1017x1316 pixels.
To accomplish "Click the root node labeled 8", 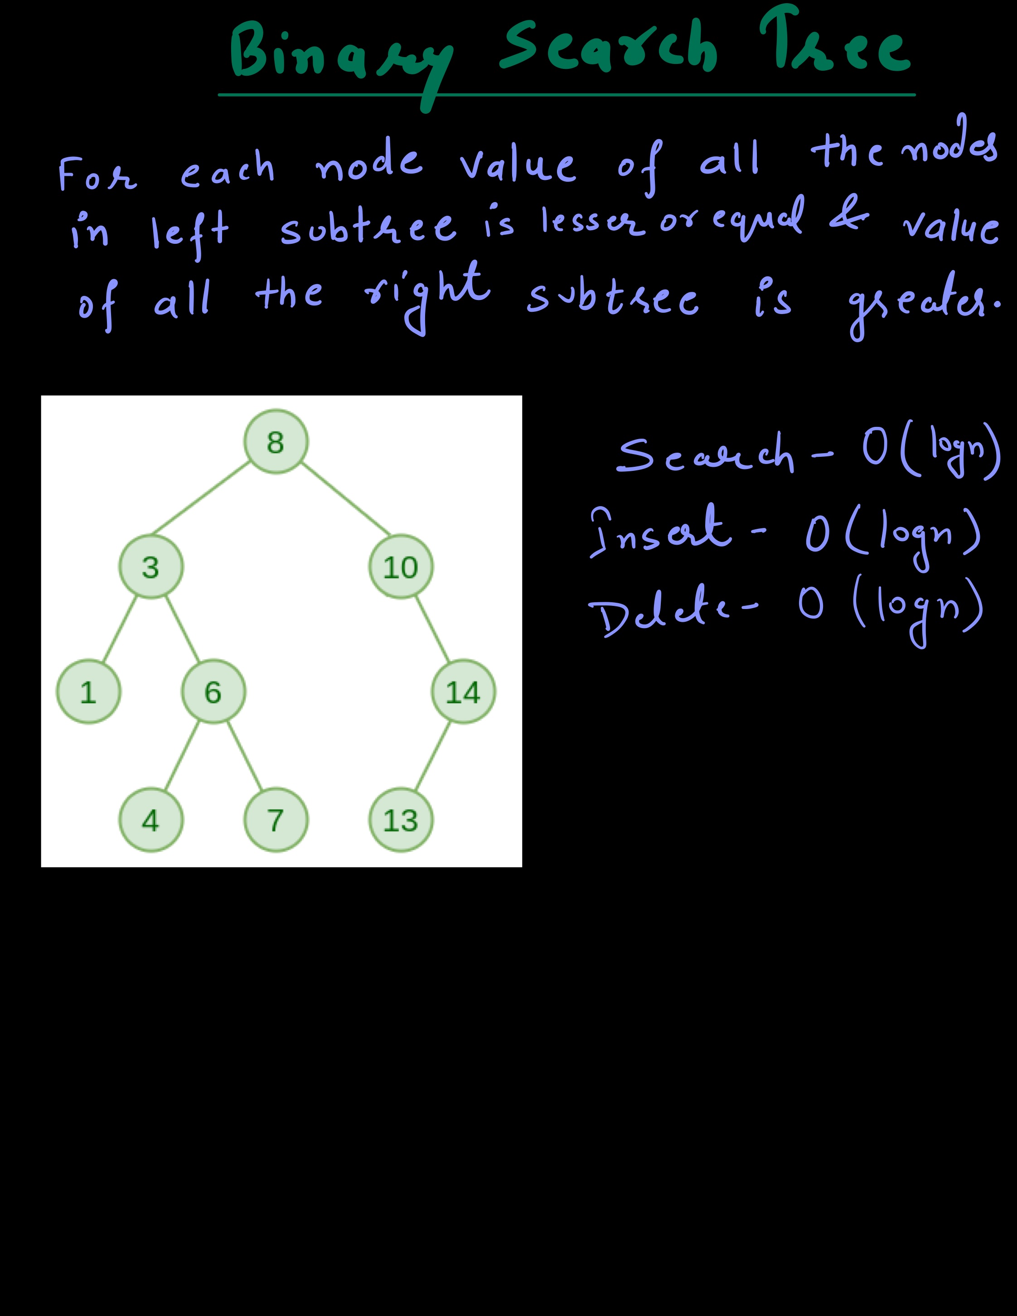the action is (276, 442).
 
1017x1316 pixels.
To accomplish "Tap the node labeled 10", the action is (401, 566).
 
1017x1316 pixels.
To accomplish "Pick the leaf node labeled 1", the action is (88, 692).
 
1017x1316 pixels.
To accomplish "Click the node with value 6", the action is (213, 692).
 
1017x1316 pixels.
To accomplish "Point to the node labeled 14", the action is (463, 692).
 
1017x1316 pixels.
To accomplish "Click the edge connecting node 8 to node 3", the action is (201, 498).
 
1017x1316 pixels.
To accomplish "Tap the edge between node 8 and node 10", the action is (346, 499).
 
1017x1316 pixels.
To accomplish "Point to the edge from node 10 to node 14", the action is (432, 629).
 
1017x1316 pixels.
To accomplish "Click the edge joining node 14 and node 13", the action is (432, 756).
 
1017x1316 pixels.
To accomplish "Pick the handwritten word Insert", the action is (661, 530).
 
